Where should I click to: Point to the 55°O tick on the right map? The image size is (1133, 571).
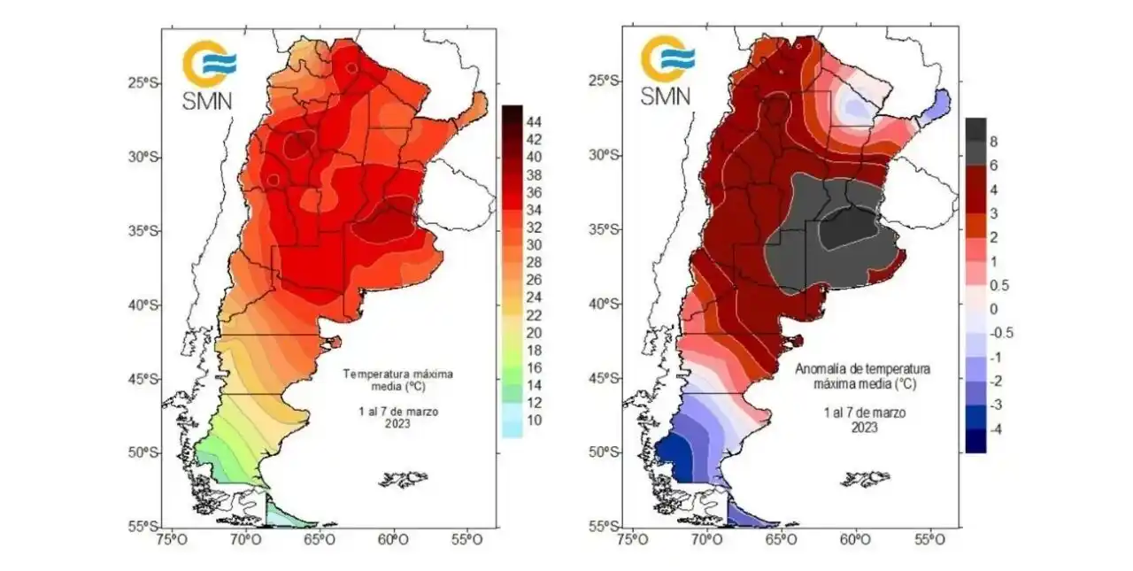pyautogui.click(x=928, y=537)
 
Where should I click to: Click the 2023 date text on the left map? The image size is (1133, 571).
pyautogui.click(x=397, y=423)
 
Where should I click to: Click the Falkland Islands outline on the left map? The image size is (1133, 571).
pyautogui.click(x=404, y=480)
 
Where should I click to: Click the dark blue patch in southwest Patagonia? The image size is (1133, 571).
pyautogui.click(x=671, y=451)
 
